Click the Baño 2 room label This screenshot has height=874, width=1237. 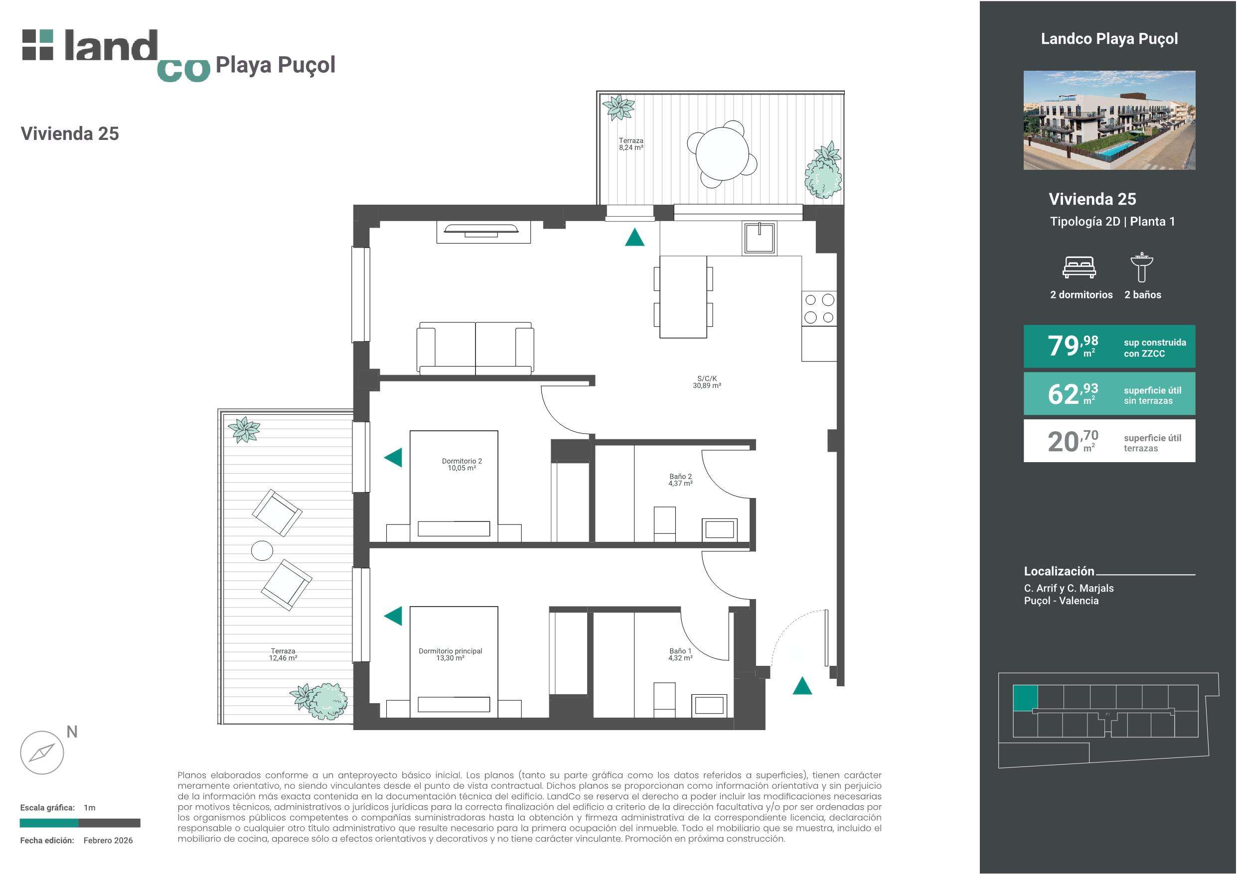click(680, 480)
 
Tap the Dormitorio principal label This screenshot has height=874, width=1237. click(451, 654)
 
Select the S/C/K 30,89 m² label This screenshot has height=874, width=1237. click(707, 382)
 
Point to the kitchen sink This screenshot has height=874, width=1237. click(760, 238)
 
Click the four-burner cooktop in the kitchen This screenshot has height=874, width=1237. click(819, 308)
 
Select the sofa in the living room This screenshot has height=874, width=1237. click(475, 348)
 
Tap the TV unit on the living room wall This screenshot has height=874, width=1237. click(483, 232)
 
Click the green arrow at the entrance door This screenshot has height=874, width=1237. click(802, 686)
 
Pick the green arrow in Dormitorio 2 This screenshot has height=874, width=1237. click(393, 458)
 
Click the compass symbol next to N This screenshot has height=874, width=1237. click(42, 752)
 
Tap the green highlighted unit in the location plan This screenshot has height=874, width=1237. click(1025, 698)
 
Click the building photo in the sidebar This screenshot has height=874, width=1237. click(1109, 120)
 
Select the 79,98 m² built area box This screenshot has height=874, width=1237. click(1109, 346)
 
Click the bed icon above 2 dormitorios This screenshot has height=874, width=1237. click(1079, 267)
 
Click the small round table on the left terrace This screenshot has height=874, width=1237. click(262, 550)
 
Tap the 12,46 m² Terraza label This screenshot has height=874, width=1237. click(284, 654)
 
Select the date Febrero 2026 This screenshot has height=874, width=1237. click(108, 840)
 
